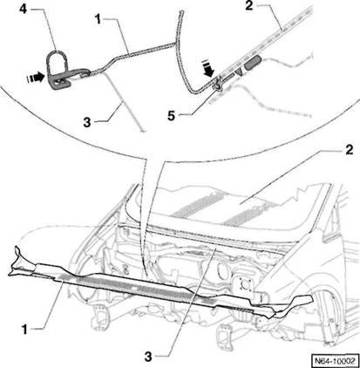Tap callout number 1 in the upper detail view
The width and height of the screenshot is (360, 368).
pyautogui.click(x=98, y=19)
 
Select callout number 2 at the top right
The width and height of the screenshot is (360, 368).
pyautogui.click(x=249, y=6)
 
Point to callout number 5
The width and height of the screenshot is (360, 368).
pyautogui.click(x=171, y=116)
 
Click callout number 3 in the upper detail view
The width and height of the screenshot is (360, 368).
pyautogui.click(x=87, y=122)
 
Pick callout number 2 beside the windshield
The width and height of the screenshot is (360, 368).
pyautogui.click(x=349, y=149)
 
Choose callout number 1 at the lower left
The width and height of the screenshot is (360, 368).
pyautogui.click(x=24, y=330)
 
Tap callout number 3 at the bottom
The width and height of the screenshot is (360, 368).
pyautogui.click(x=148, y=357)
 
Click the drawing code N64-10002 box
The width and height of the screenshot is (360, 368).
pyautogui.click(x=335, y=361)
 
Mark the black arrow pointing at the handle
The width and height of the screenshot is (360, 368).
pyautogui.click(x=36, y=78)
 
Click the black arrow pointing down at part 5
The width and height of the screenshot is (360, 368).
pyautogui.click(x=208, y=70)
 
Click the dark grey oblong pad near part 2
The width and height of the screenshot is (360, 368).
pyautogui.click(x=253, y=63)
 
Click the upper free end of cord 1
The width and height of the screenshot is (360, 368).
pyautogui.click(x=182, y=12)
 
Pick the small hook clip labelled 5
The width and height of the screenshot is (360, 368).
pyautogui.click(x=217, y=85)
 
